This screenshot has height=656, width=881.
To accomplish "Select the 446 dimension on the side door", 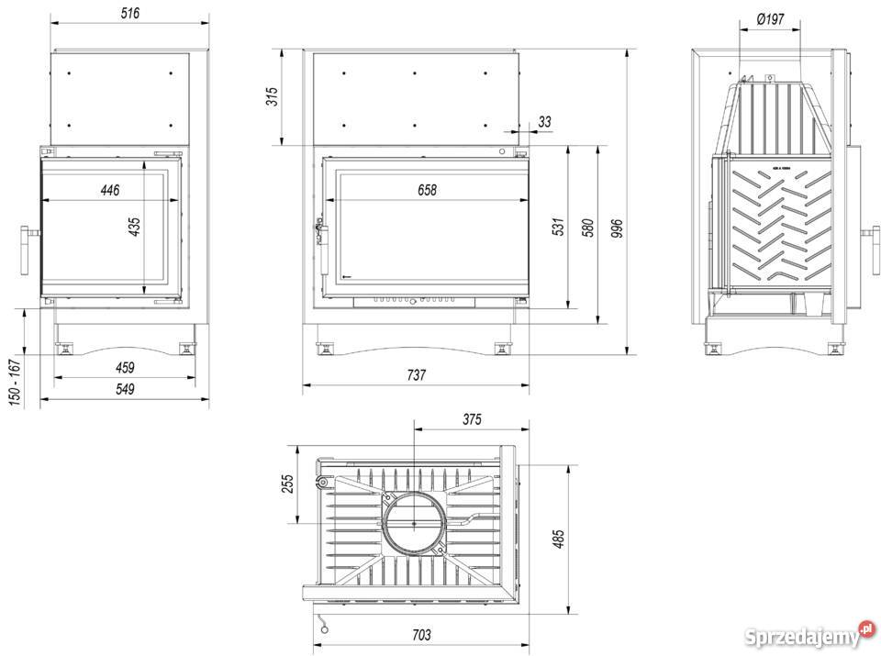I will point(110,190).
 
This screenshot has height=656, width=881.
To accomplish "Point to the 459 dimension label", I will point(125,368).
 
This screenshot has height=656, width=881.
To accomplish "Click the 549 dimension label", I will point(125,389).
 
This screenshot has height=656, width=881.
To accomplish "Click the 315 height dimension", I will point(272,96).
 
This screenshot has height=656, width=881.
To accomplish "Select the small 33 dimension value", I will point(545,121).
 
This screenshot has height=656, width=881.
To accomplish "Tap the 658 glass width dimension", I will point(427,190).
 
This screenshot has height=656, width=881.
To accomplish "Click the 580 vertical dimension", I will point(588,228).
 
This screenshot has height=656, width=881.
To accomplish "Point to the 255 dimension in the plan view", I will point(286,483).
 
